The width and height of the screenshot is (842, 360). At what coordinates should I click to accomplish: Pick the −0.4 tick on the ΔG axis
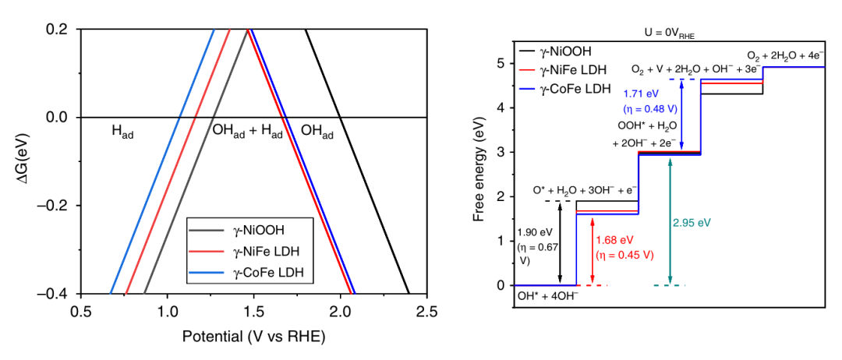pyautogui.click(x=57, y=294)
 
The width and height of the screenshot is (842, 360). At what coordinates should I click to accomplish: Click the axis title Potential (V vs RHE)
pyautogui.click(x=253, y=337)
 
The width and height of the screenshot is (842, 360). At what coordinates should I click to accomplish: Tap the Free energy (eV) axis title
pyautogui.click(x=480, y=173)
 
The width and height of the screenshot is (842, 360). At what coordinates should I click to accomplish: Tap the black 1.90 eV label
pyautogui.click(x=536, y=233)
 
